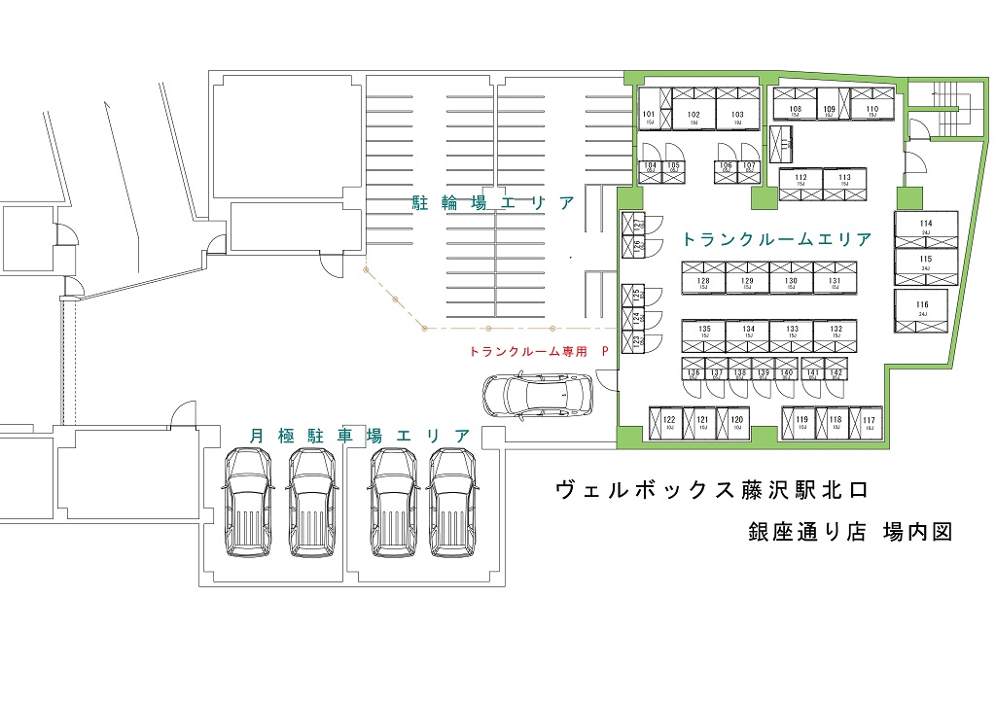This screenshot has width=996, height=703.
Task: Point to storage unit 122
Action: (669, 423)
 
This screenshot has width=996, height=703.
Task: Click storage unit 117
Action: (868, 423)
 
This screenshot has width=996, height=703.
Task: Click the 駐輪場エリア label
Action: (494, 203)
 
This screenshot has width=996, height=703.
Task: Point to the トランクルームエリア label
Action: (776, 239)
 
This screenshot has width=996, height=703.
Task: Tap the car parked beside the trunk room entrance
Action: (535, 395)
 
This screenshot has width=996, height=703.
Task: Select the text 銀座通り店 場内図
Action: (848, 532)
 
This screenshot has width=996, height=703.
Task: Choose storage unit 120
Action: (736, 423)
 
